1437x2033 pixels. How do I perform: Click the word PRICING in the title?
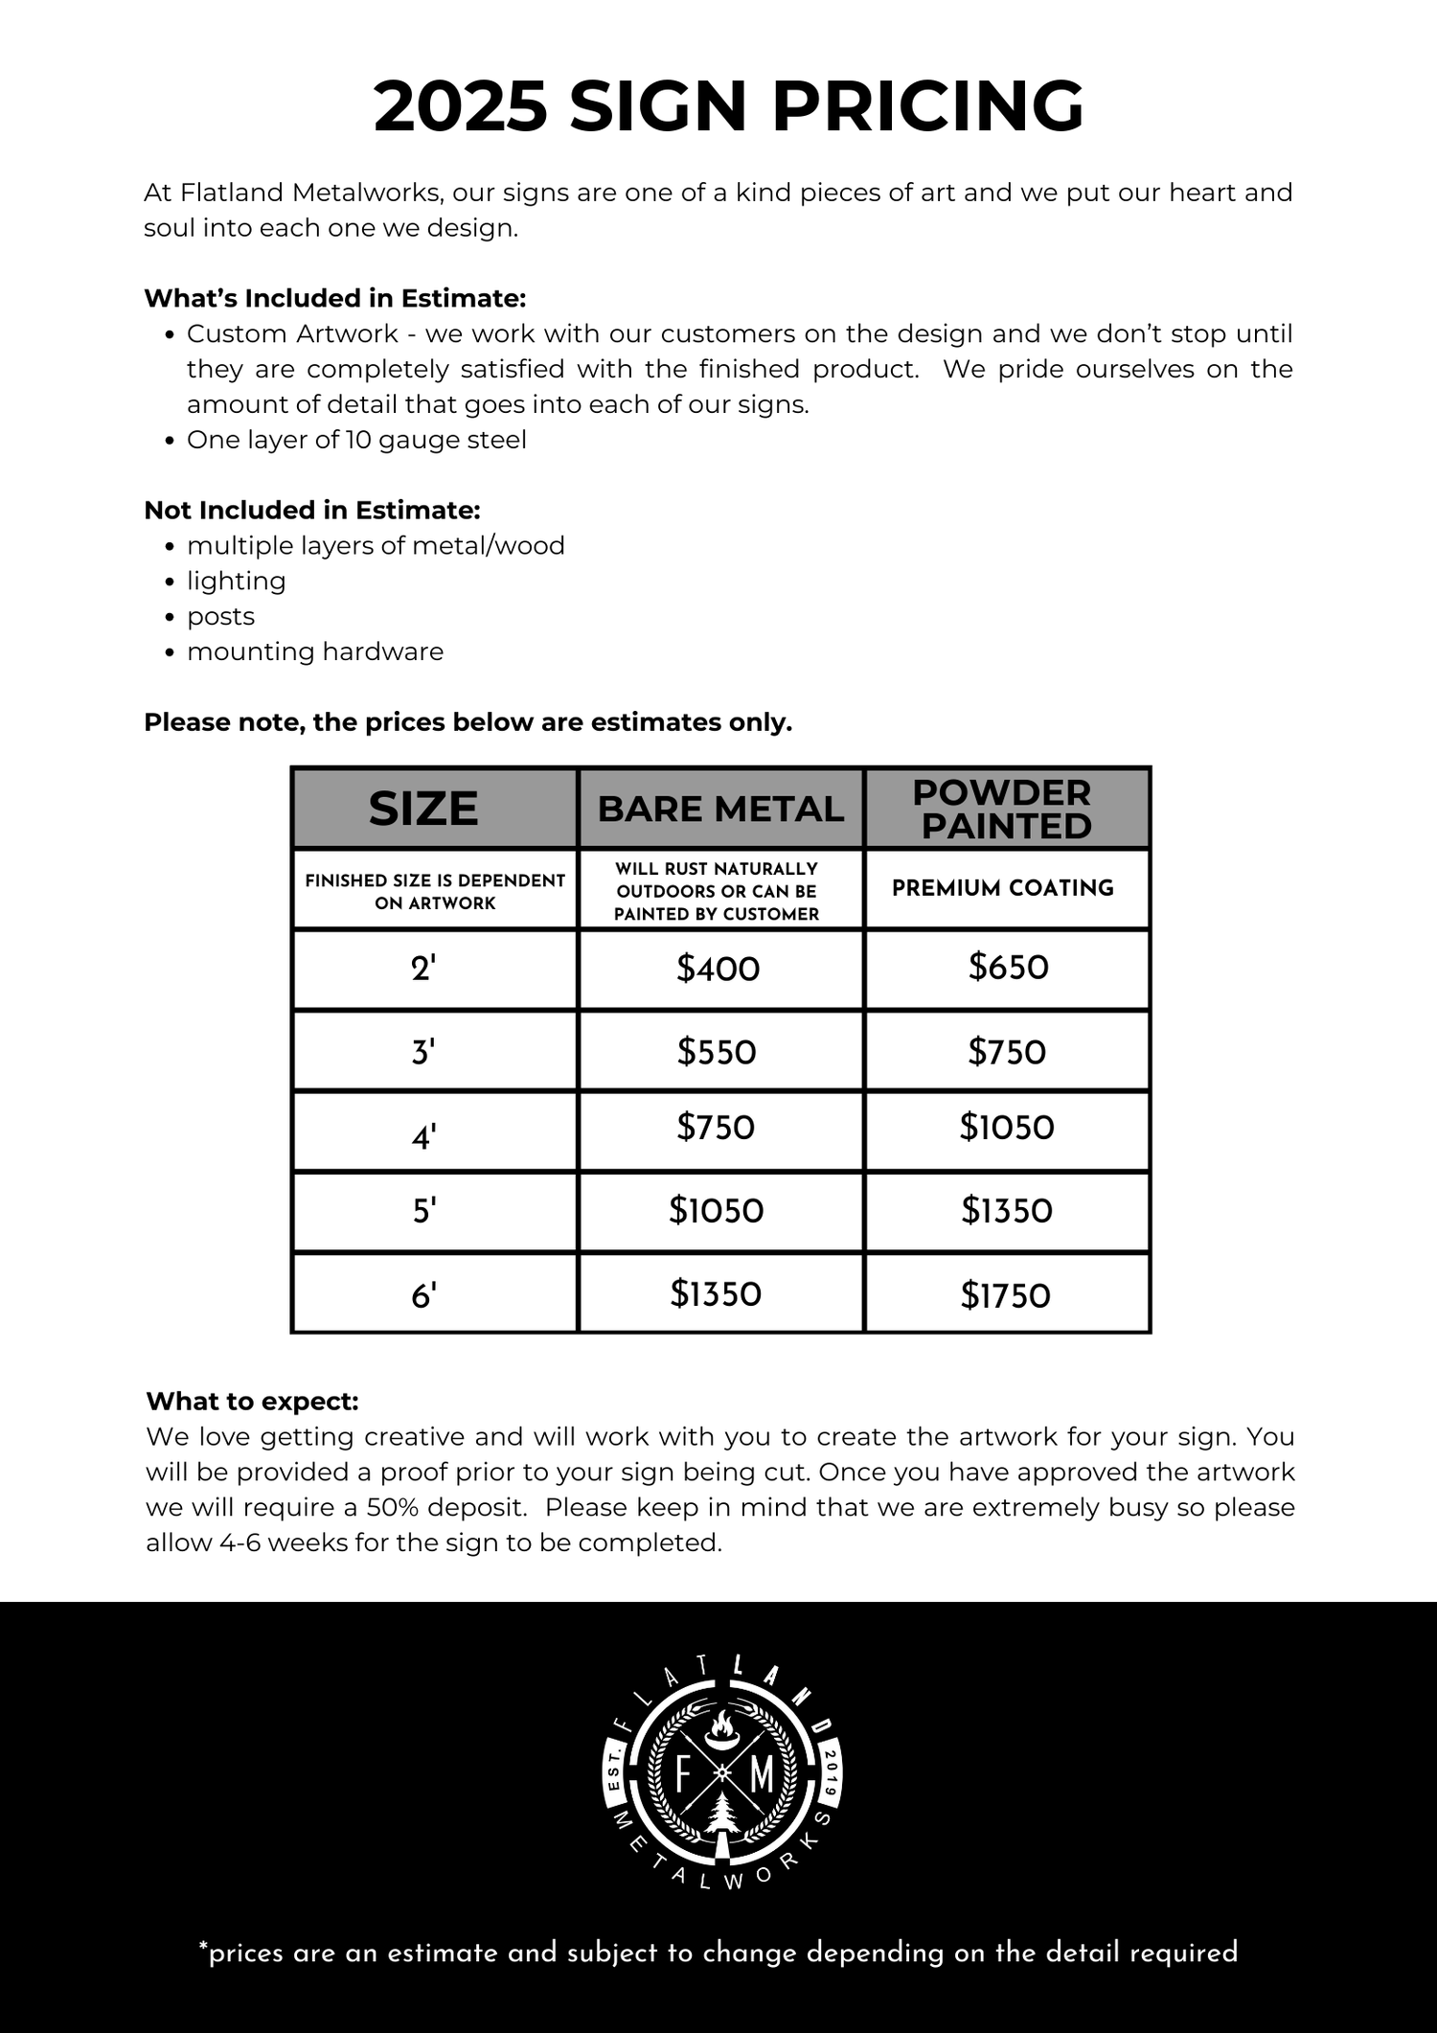(927, 105)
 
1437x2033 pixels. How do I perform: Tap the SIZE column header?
(423, 809)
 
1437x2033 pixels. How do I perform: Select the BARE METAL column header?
(720, 809)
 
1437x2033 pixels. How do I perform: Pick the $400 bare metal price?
(718, 969)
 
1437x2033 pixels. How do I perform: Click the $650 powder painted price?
(1008, 967)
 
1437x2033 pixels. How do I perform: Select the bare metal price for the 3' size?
(717, 1052)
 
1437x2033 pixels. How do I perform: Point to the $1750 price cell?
(1006, 1295)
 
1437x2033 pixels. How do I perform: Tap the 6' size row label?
(423, 1295)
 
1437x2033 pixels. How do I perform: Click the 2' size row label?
(423, 969)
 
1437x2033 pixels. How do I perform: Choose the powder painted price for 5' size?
(1007, 1211)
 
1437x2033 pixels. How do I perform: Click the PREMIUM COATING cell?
(1003, 888)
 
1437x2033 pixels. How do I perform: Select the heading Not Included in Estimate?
(312, 510)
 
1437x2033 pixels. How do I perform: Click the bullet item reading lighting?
(236, 581)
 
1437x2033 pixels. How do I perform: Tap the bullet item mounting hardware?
(315, 651)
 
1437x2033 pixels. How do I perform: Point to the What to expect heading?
(253, 1401)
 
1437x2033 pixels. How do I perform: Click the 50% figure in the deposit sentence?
(393, 1507)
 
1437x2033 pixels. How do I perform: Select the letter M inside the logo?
(762, 1774)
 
